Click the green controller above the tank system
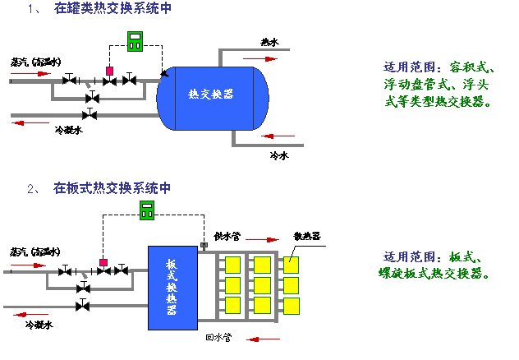pyautogui.click(x=135, y=39)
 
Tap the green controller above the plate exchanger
pyautogui.click(x=148, y=210)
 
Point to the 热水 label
pyautogui.click(x=269, y=42)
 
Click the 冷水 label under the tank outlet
pyautogui.click(x=278, y=154)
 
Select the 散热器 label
pyautogui.click(x=307, y=236)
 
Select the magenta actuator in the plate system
pyautogui.click(x=103, y=263)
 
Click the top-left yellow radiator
pyautogui.click(x=232, y=265)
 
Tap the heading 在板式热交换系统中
pyautogui.click(x=113, y=188)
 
